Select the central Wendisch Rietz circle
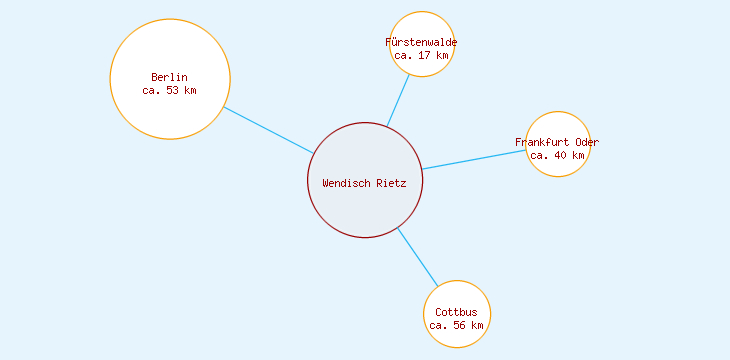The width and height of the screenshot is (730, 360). coord(365,210)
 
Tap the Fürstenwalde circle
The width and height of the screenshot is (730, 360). coord(422,25)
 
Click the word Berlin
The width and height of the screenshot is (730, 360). coord(170,77)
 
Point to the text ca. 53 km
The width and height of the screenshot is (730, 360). coord(170,90)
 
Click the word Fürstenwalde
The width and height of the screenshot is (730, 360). coord(421,42)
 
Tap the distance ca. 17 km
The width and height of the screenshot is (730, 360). coord(421,56)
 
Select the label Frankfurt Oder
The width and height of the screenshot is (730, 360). coord(557,142)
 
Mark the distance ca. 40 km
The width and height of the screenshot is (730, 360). coord(557,155)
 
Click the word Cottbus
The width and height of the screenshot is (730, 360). coord(456,312)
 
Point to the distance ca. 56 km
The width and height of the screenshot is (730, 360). coord(456,325)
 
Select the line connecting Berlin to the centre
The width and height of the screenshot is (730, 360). coord(268,129)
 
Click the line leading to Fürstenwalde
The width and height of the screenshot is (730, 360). coord(399,100)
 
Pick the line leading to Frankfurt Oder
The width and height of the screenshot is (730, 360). coord(474,160)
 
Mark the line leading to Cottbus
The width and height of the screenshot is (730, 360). coord(418,257)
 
